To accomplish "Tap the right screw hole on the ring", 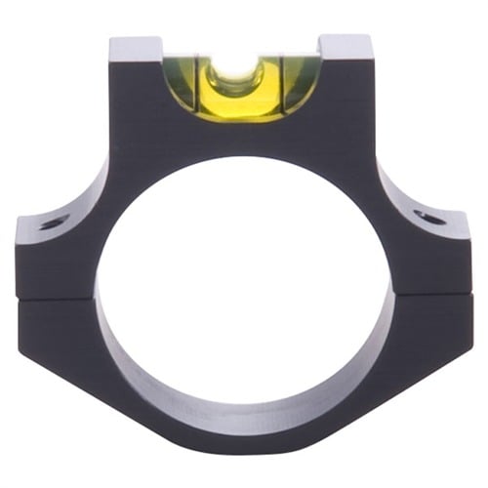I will click(427, 217).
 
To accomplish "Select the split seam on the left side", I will click(59, 299).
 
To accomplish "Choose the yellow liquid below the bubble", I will click(239, 102).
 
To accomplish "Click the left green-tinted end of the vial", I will click(182, 83).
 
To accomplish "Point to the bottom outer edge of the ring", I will click(244, 459).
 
